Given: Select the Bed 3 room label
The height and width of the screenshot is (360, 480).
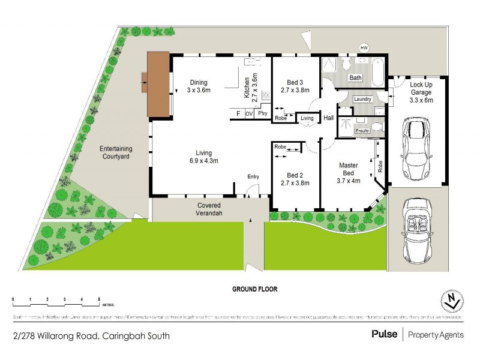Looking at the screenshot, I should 295,86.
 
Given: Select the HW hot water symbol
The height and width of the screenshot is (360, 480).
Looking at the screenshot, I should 363,47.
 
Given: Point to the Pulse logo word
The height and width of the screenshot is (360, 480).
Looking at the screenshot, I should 384,334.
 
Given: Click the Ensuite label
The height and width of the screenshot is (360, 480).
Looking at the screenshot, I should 362,131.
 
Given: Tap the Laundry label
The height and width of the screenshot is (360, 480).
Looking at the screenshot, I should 363,99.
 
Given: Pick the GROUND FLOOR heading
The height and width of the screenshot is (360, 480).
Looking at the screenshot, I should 255,289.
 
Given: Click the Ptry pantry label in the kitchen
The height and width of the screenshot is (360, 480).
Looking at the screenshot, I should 262,113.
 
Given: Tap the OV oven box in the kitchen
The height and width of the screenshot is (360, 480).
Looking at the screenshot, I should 249,113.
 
